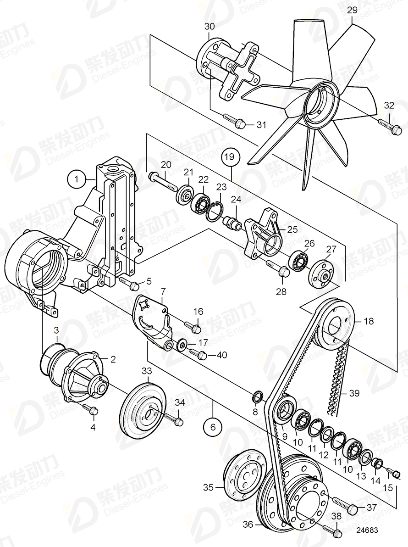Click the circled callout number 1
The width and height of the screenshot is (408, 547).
point(77,177)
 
